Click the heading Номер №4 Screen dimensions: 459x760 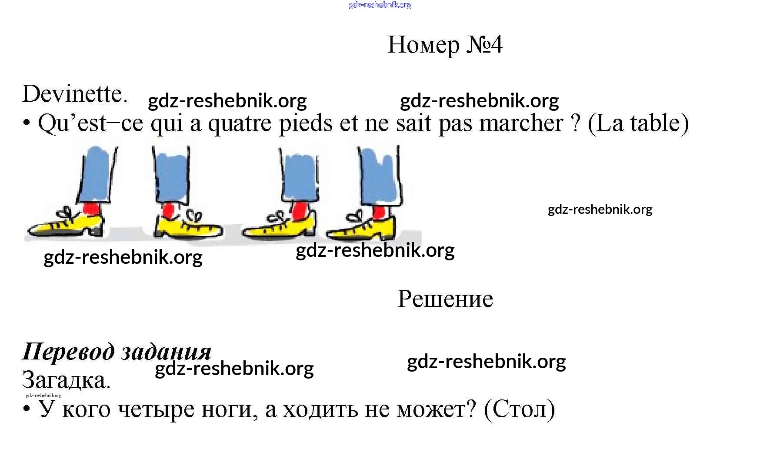coord(445,45)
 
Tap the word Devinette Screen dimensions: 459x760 coord(74,94)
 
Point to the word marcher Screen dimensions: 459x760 coord(521,123)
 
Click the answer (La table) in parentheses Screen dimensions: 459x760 coord(638,123)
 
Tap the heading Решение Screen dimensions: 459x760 coord(445,299)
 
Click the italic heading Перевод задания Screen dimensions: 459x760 coord(117,351)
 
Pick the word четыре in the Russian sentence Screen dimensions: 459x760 coord(156,409)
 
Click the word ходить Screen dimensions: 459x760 coord(320,409)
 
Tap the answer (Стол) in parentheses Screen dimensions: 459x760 coord(519,409)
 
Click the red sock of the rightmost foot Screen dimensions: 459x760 coord(379,213)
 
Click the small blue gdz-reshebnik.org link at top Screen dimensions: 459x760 coord(380,5)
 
